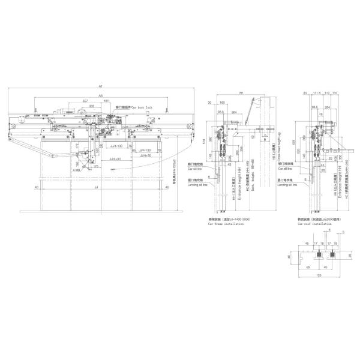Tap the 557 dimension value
pos(85,100)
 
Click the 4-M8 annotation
pos(77,170)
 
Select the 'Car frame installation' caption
pos(226,224)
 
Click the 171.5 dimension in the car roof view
pos(318,94)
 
